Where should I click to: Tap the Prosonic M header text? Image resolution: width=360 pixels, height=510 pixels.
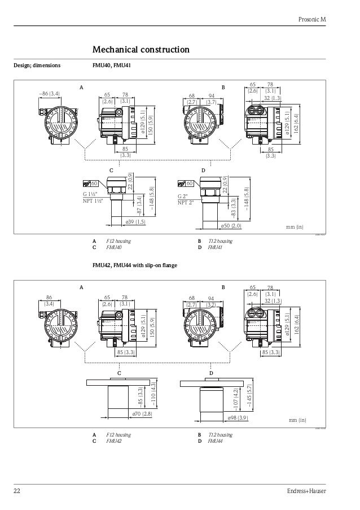click(311, 20)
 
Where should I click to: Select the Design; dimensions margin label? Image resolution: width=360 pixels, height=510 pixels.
click(37, 66)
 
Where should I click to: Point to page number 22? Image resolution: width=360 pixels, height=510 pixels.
click(17, 490)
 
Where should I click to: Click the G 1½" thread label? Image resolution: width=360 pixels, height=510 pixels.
click(93, 194)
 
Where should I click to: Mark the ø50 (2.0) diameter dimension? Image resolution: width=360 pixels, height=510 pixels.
click(231, 226)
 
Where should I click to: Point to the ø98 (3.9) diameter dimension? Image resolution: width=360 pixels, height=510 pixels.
click(237, 418)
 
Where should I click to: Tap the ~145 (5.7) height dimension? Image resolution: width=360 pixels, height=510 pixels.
click(249, 395)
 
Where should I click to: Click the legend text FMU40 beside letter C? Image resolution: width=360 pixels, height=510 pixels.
click(115, 247)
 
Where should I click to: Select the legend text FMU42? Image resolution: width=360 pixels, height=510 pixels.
click(115, 441)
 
